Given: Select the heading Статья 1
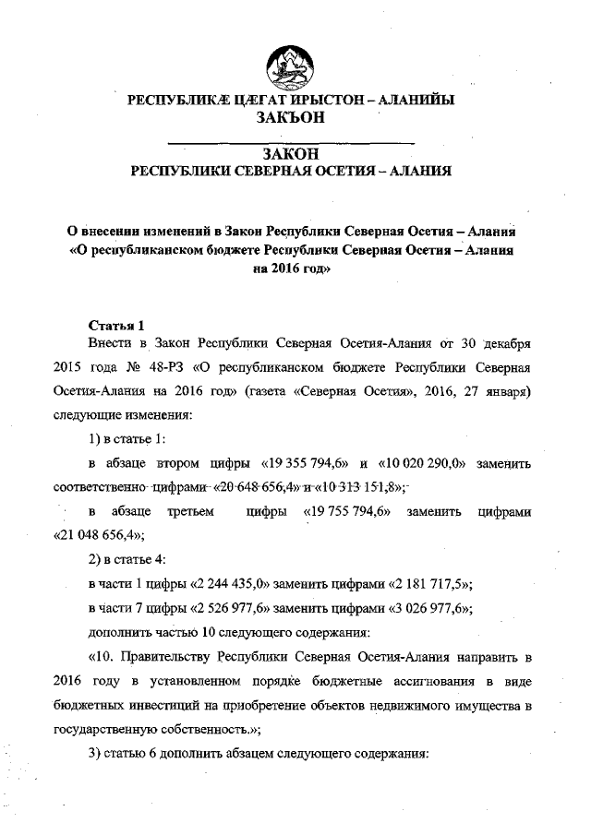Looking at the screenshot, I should click(116, 325).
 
